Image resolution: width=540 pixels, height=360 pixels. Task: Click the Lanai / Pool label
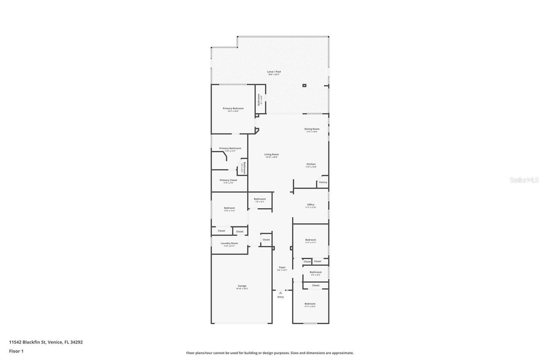(x=274, y=72)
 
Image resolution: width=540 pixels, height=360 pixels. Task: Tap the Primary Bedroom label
(x=233, y=108)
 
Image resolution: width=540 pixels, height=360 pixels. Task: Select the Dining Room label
(x=312, y=129)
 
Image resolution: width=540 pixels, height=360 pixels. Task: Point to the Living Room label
(x=272, y=154)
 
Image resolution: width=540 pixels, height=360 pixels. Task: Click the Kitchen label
(x=311, y=164)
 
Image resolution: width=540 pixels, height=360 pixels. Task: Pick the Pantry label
(x=323, y=182)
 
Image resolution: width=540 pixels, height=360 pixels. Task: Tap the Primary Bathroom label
(x=230, y=148)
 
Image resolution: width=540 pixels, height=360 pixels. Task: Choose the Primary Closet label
(x=228, y=180)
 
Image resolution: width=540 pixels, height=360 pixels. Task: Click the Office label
(x=311, y=205)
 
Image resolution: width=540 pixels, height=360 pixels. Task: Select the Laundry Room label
(x=229, y=243)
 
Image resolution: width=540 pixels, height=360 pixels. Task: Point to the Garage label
(x=242, y=286)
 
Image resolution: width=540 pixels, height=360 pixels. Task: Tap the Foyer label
(x=282, y=267)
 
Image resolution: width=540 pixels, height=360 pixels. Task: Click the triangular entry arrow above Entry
(x=281, y=292)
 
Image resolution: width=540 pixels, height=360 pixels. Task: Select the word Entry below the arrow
(x=281, y=297)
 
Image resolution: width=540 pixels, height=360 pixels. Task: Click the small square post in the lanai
(x=304, y=86)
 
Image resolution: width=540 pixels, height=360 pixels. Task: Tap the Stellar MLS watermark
(x=524, y=180)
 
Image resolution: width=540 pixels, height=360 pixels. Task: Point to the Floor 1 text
(x=16, y=351)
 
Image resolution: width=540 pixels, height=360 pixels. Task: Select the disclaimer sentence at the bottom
(x=270, y=353)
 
